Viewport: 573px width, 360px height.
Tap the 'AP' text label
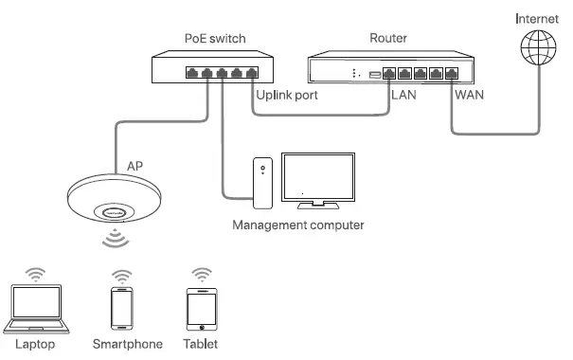pyautogui.click(x=136, y=165)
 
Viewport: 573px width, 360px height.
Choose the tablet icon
pyautogui.click(x=199, y=309)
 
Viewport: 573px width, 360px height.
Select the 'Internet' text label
pyautogui.click(x=536, y=17)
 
